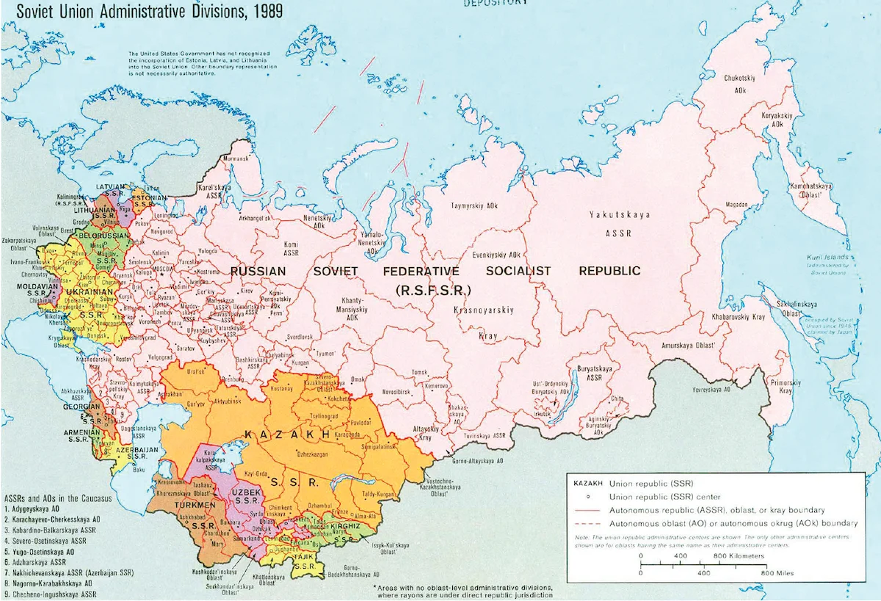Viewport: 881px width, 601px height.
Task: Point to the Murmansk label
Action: tap(236, 158)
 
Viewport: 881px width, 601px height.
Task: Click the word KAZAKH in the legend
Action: tap(586, 484)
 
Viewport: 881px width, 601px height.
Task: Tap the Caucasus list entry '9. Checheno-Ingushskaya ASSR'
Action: tap(50, 594)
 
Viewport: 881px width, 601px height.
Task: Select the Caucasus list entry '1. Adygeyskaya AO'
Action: tap(37, 508)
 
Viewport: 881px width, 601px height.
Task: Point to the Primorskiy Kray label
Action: tap(785, 387)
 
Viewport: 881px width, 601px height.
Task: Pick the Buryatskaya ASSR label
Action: tap(591, 371)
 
